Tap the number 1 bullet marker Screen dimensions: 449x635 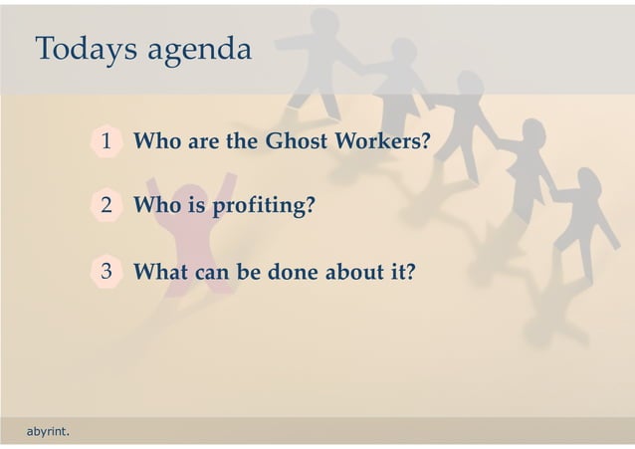click(106, 142)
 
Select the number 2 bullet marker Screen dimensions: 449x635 click(106, 206)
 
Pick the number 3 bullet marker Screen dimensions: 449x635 click(106, 271)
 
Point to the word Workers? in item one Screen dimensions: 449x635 click(382, 141)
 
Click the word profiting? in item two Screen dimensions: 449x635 click(266, 206)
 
